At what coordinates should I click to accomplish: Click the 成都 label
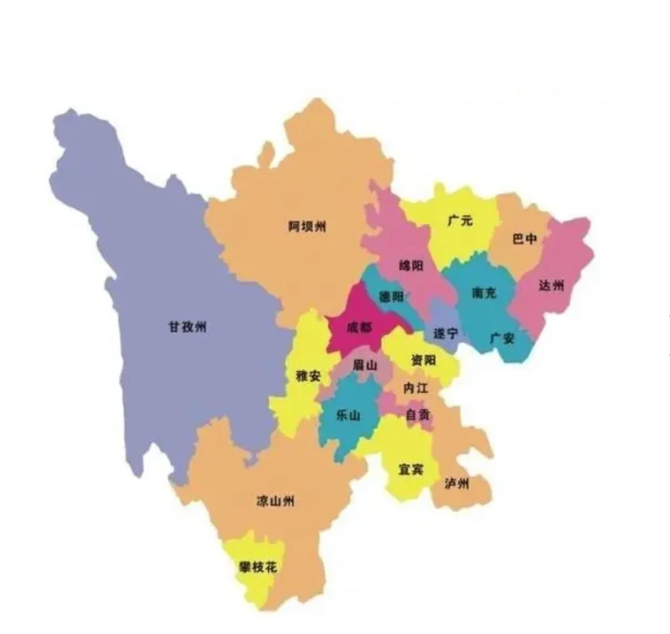tap(359, 327)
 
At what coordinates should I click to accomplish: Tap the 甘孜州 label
tap(187, 327)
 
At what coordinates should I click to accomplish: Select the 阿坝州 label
tap(307, 227)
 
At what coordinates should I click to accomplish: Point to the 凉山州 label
tap(275, 501)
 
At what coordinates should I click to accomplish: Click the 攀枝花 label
tap(258, 567)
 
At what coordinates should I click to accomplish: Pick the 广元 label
tap(460, 221)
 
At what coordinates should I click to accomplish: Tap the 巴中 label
tap(525, 239)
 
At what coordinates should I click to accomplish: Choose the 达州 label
tap(551, 285)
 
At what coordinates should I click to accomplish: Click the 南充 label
tap(484, 292)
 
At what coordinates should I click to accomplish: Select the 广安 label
tap(502, 338)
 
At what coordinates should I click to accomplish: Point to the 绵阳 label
tap(412, 265)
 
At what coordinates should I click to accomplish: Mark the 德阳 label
tap(392, 297)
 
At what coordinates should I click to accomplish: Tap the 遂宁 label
tap(446, 333)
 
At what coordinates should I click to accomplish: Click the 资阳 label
tap(423, 360)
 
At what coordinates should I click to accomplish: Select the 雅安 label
tap(308, 376)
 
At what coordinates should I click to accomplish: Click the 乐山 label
tap(348, 415)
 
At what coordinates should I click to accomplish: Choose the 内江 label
tap(415, 388)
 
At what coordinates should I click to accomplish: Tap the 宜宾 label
tap(411, 469)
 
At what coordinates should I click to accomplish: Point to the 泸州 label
tap(457, 484)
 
